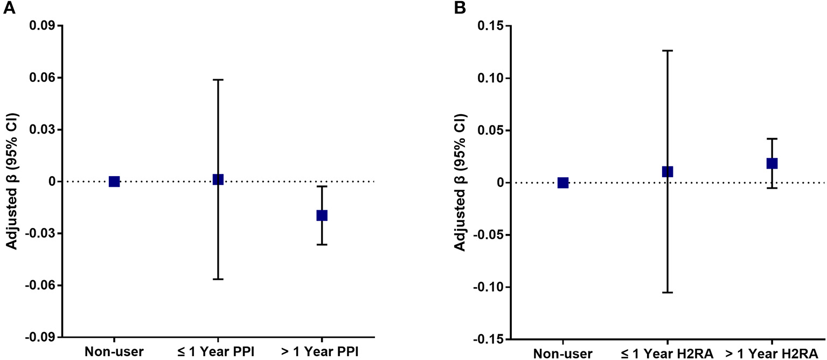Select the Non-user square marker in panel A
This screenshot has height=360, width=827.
(x=114, y=182)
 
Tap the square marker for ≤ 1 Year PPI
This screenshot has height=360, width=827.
(x=218, y=179)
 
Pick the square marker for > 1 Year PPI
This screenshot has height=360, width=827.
(x=322, y=215)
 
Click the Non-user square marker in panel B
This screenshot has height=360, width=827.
(x=563, y=183)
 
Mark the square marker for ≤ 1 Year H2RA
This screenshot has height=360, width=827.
(x=668, y=171)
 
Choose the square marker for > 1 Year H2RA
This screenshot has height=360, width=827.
(x=772, y=163)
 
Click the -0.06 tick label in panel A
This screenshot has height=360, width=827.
(x=40, y=285)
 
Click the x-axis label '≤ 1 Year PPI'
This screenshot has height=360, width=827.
(x=218, y=352)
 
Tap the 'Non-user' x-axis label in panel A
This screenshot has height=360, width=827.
(x=114, y=352)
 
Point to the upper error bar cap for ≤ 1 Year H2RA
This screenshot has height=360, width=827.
(x=668, y=51)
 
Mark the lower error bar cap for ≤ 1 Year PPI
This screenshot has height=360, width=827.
(x=218, y=279)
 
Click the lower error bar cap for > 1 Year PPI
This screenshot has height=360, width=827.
(x=322, y=245)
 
